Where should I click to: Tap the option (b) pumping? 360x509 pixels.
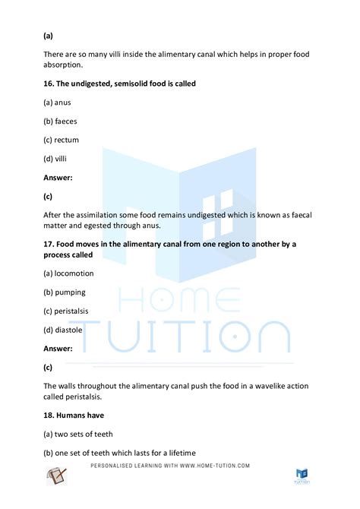(x=65, y=291)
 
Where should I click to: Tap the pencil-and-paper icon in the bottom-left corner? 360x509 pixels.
(x=57, y=476)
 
